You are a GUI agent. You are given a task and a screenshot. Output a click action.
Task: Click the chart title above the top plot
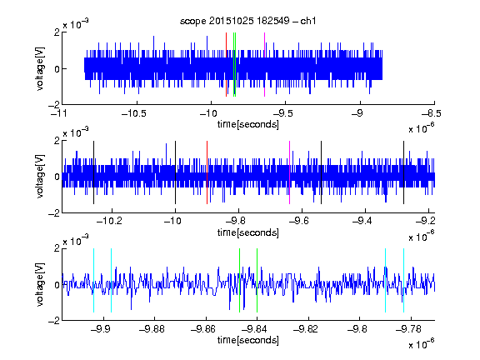click(248, 21)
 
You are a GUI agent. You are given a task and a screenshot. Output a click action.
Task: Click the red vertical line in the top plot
click(226, 65)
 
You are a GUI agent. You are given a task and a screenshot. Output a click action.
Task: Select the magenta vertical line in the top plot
click(264, 65)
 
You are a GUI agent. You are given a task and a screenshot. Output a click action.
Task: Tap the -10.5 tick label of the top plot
click(134, 113)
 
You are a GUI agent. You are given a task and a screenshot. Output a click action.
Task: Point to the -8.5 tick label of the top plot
click(431, 113)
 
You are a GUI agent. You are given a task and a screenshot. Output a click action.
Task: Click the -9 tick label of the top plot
click(357, 113)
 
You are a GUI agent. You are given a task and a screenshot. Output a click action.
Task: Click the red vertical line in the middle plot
click(207, 172)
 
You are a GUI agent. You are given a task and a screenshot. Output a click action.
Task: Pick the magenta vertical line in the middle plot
click(290, 172)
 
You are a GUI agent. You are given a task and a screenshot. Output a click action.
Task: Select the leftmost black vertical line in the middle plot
click(93, 172)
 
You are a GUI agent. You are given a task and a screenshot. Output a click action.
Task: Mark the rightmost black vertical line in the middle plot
click(403, 172)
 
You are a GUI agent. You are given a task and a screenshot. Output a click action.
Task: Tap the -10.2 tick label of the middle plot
click(109, 221)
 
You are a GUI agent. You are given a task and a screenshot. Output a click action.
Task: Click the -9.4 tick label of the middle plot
click(362, 221)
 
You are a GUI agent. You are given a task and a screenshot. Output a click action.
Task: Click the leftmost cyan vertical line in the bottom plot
click(93, 280)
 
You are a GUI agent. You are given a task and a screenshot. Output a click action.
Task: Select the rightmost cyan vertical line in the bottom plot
click(403, 280)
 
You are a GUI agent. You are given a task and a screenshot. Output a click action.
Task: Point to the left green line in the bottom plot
click(239, 280)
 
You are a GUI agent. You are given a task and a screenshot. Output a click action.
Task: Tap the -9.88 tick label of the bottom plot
click(152, 329)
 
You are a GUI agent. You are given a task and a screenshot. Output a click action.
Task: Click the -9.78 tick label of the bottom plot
click(408, 329)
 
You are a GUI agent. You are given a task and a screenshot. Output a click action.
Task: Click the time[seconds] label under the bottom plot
click(248, 340)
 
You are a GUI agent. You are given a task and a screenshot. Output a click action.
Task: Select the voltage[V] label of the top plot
click(40, 68)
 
